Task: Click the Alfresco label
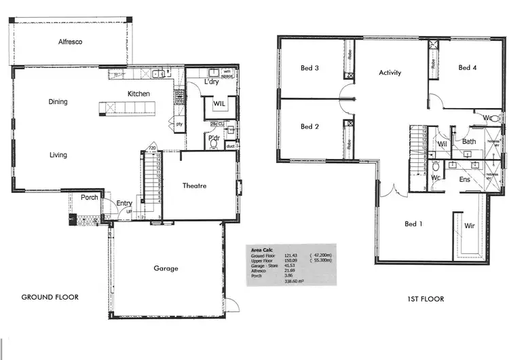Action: click(x=70, y=42)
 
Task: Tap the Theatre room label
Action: click(x=193, y=185)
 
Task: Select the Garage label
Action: click(x=166, y=268)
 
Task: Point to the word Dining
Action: click(x=58, y=102)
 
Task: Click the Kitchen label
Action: click(x=138, y=94)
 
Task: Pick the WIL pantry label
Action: click(x=219, y=104)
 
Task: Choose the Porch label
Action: click(x=90, y=198)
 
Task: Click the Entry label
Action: click(x=124, y=203)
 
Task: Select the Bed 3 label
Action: click(x=310, y=68)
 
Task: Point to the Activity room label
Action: click(x=390, y=73)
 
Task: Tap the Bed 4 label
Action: click(x=468, y=68)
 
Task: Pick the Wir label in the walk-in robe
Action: click(x=469, y=226)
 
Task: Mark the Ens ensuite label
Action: click(x=465, y=179)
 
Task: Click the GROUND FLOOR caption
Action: click(x=50, y=297)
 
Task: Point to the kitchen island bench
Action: click(x=127, y=107)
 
